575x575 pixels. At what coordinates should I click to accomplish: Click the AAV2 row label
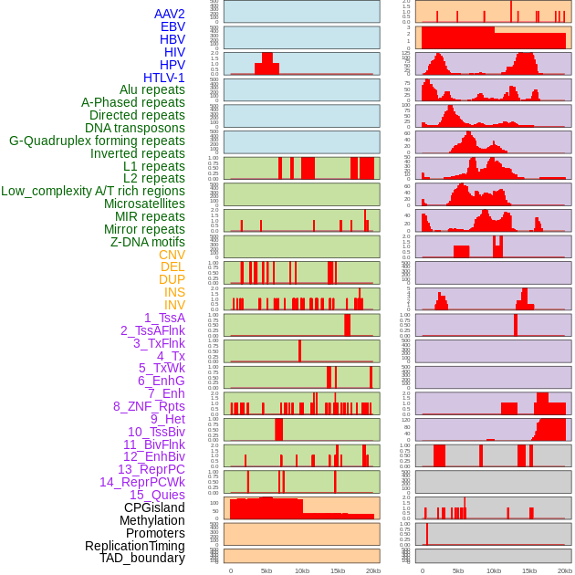(x=169, y=14)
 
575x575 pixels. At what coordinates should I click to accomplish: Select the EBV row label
(x=172, y=26)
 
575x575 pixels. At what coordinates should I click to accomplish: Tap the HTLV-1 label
(x=163, y=78)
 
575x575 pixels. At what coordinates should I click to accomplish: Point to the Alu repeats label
(x=152, y=89)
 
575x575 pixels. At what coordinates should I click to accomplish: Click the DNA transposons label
(x=135, y=128)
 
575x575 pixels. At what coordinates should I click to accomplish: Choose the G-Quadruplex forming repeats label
(x=97, y=141)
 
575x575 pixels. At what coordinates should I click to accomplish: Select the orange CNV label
(x=172, y=255)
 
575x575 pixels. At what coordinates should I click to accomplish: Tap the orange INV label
(x=174, y=305)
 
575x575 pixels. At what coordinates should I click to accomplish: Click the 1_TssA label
(x=164, y=318)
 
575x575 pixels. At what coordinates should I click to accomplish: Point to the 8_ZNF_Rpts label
(x=149, y=406)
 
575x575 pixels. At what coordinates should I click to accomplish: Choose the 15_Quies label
(x=157, y=495)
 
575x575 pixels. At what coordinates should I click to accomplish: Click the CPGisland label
(x=154, y=507)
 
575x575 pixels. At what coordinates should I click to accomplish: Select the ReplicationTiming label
(x=134, y=546)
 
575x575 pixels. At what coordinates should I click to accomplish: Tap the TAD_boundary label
(x=141, y=558)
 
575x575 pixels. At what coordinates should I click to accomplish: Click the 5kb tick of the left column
(x=267, y=570)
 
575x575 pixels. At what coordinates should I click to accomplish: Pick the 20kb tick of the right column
(x=565, y=570)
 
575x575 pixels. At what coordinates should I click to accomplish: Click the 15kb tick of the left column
(x=338, y=570)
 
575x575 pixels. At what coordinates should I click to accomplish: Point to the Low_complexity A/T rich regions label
(x=93, y=191)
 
